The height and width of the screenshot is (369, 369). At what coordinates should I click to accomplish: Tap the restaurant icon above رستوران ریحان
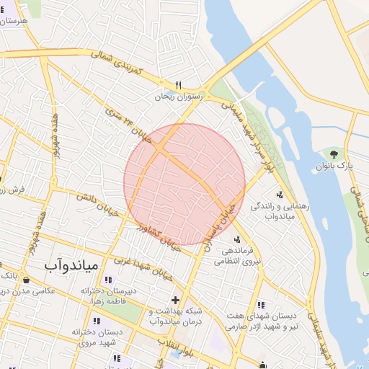click(178, 84)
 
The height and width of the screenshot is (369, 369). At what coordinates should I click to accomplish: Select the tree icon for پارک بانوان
click(333, 154)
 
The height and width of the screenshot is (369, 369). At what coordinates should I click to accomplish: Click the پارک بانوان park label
click(335, 166)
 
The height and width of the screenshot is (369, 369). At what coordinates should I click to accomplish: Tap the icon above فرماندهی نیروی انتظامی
click(238, 239)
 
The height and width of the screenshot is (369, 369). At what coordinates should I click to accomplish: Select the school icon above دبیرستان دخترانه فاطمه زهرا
click(108, 280)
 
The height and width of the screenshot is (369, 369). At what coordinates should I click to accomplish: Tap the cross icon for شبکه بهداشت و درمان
click(174, 300)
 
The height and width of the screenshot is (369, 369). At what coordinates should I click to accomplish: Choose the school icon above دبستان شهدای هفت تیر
click(261, 305)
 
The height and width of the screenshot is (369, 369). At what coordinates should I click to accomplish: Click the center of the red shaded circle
click(184, 184)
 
